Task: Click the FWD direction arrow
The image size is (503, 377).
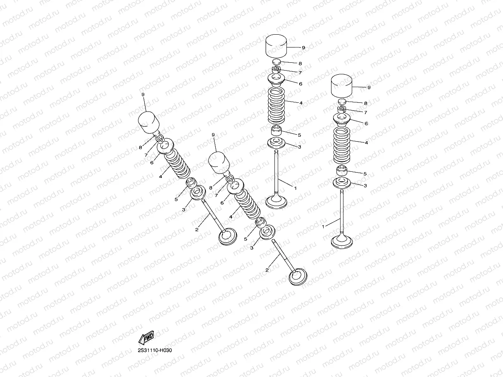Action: (146, 338)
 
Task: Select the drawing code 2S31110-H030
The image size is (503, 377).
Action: (155, 350)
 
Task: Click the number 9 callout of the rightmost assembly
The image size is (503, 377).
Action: (369, 88)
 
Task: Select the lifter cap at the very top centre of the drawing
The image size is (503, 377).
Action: (276, 45)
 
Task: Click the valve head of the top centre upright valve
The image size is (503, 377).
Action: (276, 202)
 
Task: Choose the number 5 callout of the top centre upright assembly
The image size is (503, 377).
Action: (299, 135)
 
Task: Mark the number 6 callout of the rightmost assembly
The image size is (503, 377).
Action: (366, 123)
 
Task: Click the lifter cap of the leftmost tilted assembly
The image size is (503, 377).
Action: (148, 122)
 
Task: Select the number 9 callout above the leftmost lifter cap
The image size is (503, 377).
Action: (143, 95)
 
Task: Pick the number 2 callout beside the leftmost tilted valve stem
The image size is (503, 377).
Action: (197, 229)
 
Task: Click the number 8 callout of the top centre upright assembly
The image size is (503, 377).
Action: (300, 64)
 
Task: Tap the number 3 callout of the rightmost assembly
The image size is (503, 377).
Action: (365, 185)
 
